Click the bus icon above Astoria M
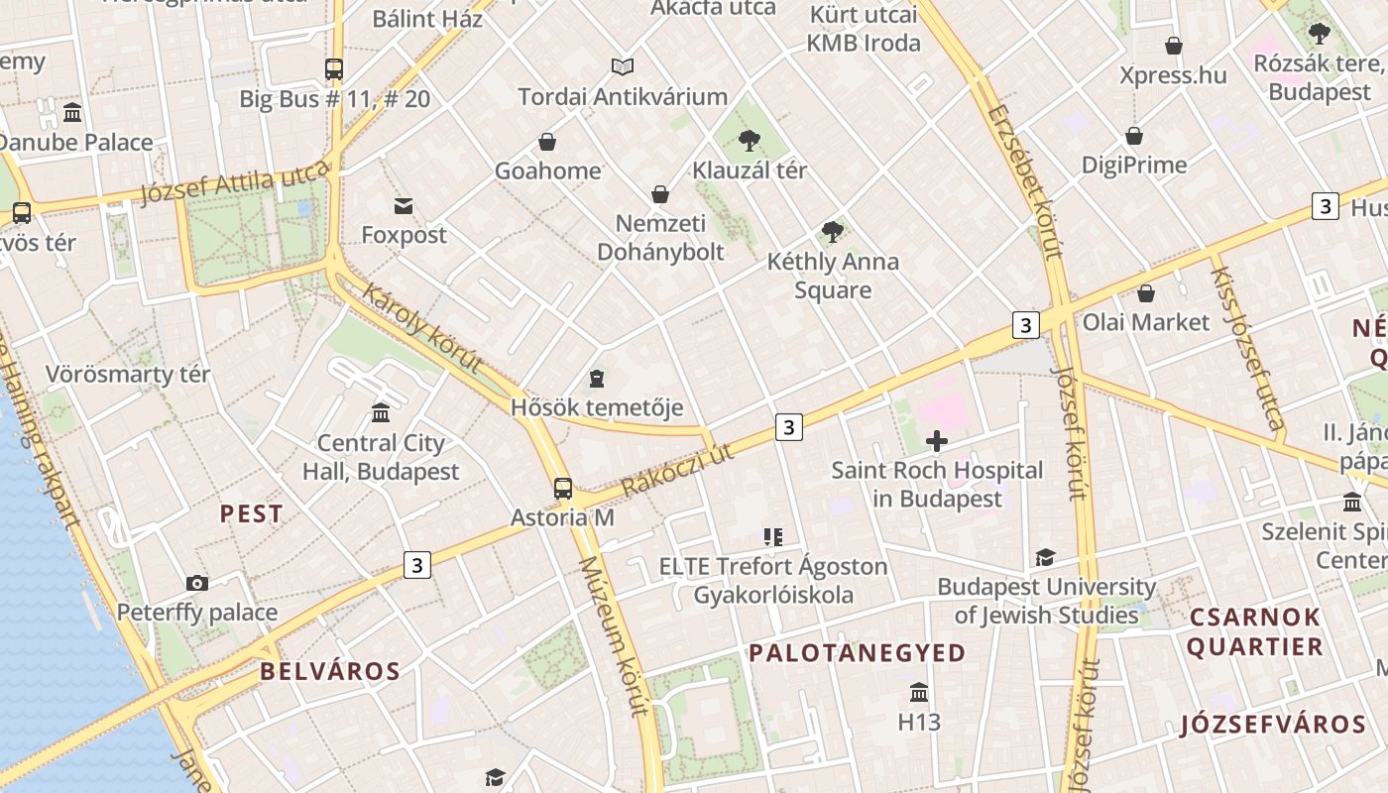pyautogui.click(x=562, y=488)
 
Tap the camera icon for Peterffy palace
pyautogui.click(x=197, y=583)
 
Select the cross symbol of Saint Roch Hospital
pyautogui.click(x=937, y=440)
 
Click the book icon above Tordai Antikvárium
pyautogui.click(x=622, y=66)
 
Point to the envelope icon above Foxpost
pyautogui.click(x=404, y=206)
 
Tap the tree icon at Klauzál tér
pyautogui.click(x=750, y=140)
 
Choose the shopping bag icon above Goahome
pyautogui.click(x=547, y=142)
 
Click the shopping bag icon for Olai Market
pyautogui.click(x=1146, y=293)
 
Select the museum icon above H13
pyautogui.click(x=919, y=692)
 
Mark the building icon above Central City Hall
pyautogui.click(x=381, y=412)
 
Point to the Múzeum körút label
pyautogui.click(x=613, y=634)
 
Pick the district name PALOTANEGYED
pyautogui.click(x=857, y=652)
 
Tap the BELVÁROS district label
pyautogui.click(x=330, y=671)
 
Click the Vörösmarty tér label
pyautogui.click(x=128, y=375)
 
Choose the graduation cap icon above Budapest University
pyautogui.click(x=1045, y=558)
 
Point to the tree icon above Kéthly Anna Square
pyautogui.click(x=832, y=232)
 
